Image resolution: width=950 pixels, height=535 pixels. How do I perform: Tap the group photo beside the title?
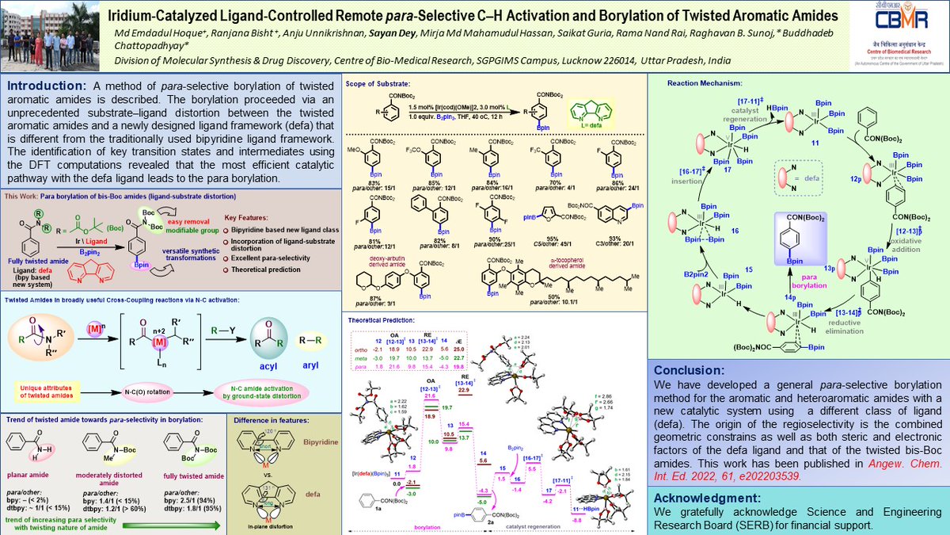50,35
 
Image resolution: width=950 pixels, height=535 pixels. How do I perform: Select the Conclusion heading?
691,369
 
